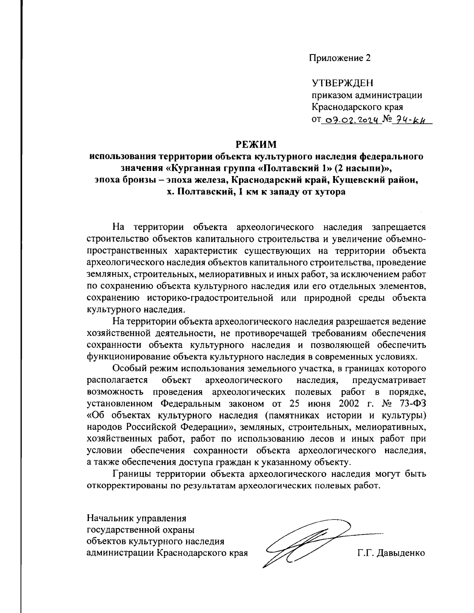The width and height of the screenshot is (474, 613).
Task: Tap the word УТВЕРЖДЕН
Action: click(x=342, y=83)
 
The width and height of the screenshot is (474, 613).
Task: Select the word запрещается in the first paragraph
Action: click(x=399, y=227)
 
